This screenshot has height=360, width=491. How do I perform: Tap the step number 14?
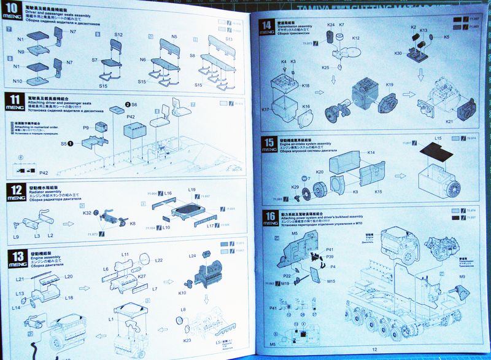pos(267,26)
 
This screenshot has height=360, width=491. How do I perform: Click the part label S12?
pos(118,35)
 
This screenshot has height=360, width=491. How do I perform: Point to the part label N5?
pos(174,37)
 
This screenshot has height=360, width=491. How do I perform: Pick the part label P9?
pos(87,127)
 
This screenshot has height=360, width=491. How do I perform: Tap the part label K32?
pos(87,213)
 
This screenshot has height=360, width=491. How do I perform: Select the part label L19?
pos(192,190)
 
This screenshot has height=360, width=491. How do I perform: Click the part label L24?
pos(192,256)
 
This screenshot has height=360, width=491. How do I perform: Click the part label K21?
pos(449,122)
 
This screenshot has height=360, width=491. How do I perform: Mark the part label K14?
pos(371,152)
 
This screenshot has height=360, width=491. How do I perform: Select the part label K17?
pos(265,109)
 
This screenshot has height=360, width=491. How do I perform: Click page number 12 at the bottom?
pos(374,349)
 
